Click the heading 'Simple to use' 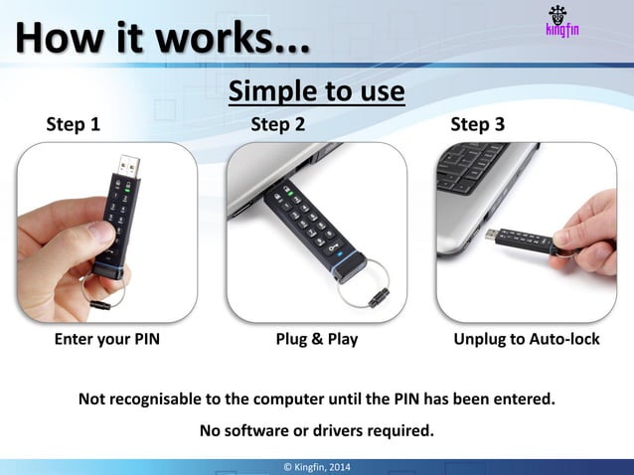(x=316, y=91)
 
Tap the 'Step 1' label (x=74, y=124)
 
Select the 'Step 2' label (x=277, y=124)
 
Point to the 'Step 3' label (x=477, y=124)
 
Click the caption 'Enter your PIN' (x=106, y=339)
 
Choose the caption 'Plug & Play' (x=316, y=339)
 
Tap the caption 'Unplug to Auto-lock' (x=526, y=339)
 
